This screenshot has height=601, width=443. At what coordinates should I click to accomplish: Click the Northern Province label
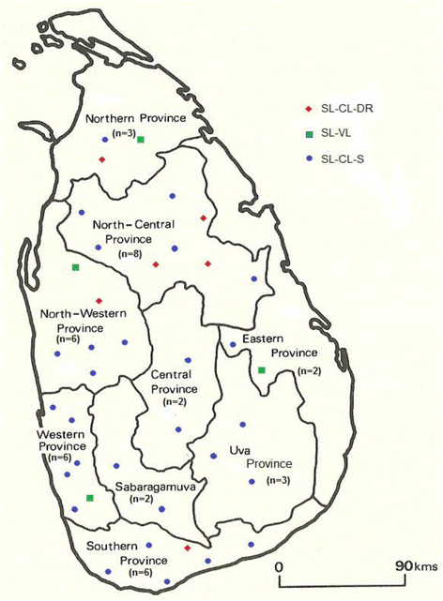[136, 119]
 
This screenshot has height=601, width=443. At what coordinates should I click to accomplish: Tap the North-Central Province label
[132, 233]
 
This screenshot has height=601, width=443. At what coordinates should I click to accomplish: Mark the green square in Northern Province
[140, 140]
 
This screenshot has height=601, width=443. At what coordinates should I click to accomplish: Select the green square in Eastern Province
[262, 371]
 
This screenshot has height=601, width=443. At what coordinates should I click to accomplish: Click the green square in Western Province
[90, 498]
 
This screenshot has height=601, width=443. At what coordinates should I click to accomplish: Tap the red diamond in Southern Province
[188, 548]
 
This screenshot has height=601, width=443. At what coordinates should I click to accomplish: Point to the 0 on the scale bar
[280, 567]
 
